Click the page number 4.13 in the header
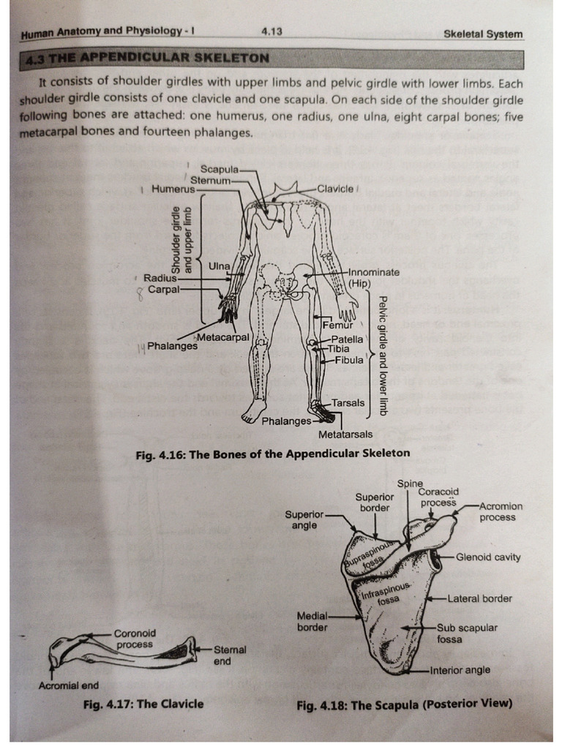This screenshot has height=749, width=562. [x=271, y=31]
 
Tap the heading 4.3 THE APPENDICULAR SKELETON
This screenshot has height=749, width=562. [x=146, y=58]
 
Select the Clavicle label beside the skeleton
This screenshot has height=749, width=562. [x=335, y=188]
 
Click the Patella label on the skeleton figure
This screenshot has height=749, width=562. [x=347, y=339]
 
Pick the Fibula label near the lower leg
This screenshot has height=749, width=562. [x=348, y=359]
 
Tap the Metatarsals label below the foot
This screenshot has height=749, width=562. [x=345, y=434]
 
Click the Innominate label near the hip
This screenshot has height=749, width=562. [x=374, y=272]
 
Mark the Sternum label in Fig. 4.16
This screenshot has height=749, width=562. [x=210, y=179]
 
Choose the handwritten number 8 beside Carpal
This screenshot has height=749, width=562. [x=139, y=294]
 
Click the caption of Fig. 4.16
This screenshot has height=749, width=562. [x=273, y=453]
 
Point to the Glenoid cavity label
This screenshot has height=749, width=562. [x=488, y=557]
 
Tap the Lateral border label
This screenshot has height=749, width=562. [x=479, y=598]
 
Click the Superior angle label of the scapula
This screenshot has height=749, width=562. [x=304, y=520]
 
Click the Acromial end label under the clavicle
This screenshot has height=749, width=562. [x=68, y=685]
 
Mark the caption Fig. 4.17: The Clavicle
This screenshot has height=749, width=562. [x=143, y=704]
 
